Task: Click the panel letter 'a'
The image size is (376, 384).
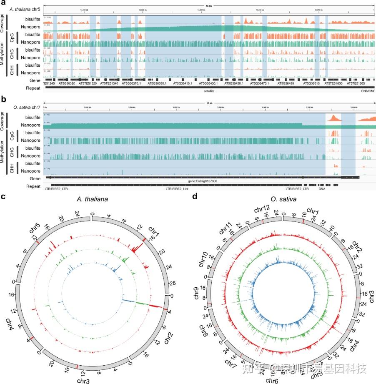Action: coord(3,3)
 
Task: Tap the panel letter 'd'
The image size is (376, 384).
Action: coord(194,196)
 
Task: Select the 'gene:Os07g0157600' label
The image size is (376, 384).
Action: coord(202,181)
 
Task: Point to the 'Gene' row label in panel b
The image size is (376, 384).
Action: coord(35,178)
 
